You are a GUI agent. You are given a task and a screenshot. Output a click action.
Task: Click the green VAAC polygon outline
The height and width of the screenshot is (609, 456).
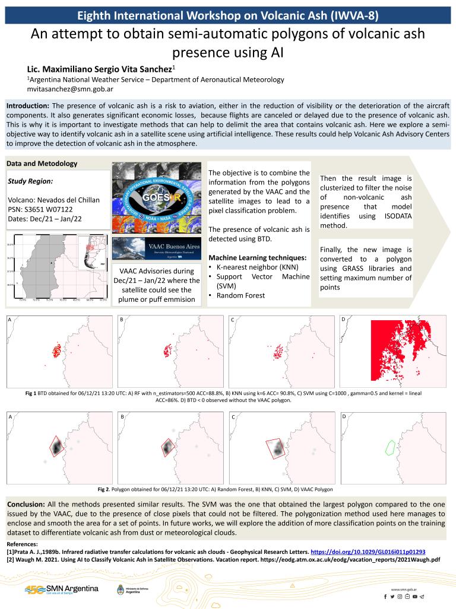click(x=391, y=447)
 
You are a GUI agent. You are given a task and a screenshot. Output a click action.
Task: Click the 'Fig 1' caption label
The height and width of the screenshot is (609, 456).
click(x=31, y=394)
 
